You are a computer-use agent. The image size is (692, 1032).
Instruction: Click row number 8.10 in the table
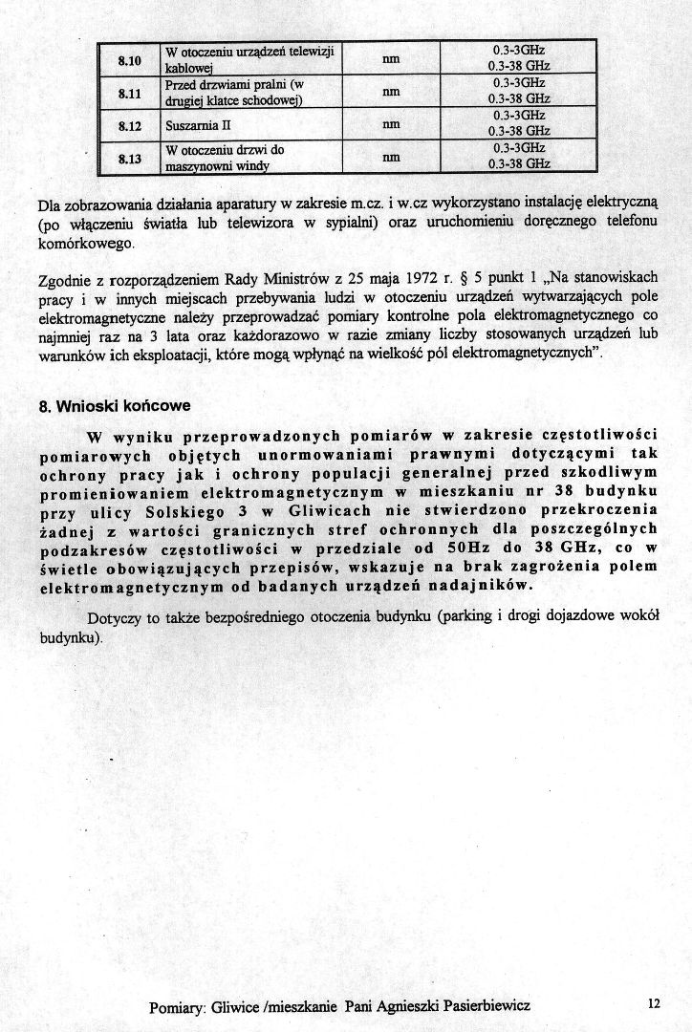129,60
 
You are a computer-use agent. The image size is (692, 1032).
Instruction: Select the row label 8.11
129,93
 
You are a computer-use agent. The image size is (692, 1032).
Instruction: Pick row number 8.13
129,158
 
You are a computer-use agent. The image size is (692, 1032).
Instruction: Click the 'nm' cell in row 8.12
390,125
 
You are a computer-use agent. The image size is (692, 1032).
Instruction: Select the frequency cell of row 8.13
518,157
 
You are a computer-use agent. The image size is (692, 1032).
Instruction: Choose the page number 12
653,1003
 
